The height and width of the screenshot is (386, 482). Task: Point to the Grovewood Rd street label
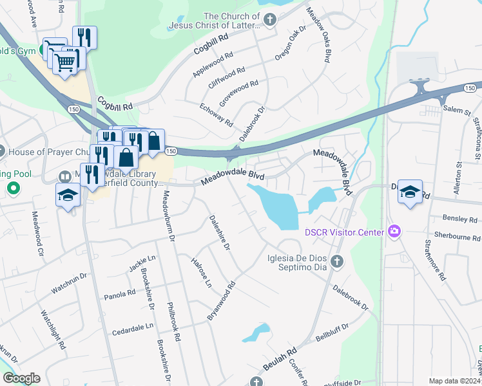click(238, 93)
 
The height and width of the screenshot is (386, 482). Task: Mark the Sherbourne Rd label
click(457, 236)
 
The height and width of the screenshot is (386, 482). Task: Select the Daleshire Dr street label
click(219, 232)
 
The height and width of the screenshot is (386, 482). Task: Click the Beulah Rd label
click(280, 360)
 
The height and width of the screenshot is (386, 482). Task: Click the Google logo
click(21, 378)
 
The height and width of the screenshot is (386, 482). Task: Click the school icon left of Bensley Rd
click(410, 192)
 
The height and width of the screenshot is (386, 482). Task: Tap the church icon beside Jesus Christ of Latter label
click(270, 21)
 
